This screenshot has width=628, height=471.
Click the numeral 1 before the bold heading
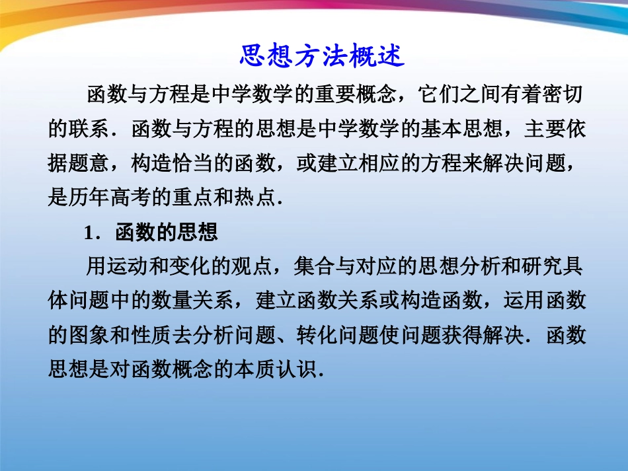pos(87,233)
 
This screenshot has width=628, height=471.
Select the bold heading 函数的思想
pos(166,233)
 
